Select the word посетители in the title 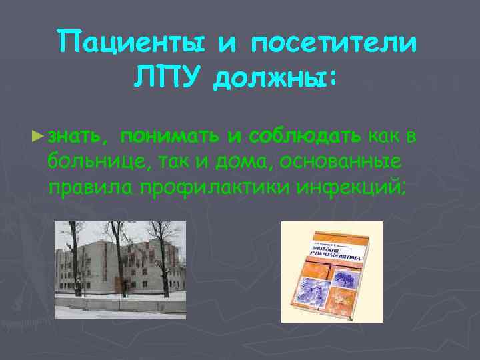(x=335, y=44)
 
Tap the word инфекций (x=352, y=186)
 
